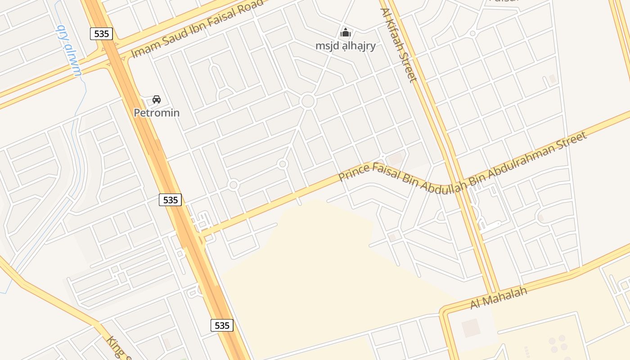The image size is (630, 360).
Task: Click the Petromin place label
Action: click(x=157, y=112)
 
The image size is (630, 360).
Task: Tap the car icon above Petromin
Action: click(x=157, y=99)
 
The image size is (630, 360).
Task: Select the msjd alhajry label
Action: click(x=345, y=46)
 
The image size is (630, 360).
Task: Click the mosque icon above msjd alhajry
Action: click(x=346, y=32)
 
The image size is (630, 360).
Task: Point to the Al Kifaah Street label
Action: click(x=399, y=45)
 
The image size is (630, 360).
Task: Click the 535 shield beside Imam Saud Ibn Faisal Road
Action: click(x=101, y=33)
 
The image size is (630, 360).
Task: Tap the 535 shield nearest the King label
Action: click(x=222, y=325)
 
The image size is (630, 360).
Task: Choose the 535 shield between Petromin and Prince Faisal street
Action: click(x=170, y=200)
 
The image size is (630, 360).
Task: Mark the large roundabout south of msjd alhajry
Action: click(x=308, y=101)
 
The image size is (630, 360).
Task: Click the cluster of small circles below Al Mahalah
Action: click(x=558, y=344)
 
